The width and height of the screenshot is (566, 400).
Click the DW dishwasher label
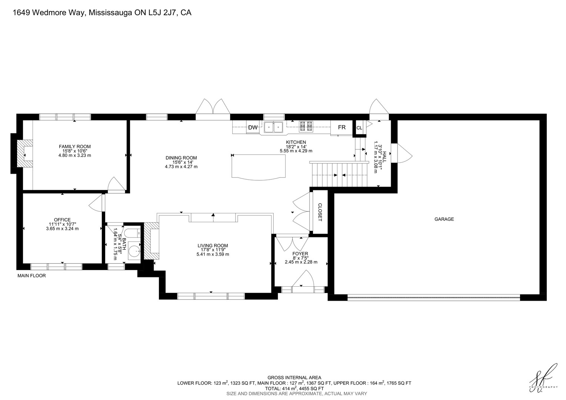(253, 128)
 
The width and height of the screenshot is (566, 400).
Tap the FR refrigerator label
(342, 127)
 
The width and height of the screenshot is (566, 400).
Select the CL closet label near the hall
(359, 128)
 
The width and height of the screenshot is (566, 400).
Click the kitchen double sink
(273, 127)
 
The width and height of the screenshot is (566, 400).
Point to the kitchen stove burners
(306, 127)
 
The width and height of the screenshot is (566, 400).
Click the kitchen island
(259, 167)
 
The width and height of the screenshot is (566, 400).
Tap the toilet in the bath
(133, 233)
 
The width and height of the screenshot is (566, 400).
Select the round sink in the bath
(134, 250)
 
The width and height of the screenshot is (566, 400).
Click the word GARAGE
(444, 219)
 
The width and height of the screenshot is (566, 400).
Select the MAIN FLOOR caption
(31, 276)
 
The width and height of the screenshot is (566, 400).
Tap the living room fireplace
(152, 241)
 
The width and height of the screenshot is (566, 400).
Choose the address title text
(102, 13)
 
